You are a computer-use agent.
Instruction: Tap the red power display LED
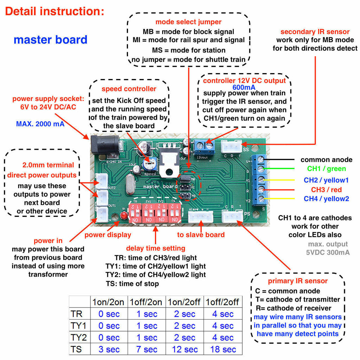(x=124, y=216)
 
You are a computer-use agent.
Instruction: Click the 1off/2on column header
(x=146, y=302)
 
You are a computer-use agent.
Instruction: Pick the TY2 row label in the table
(x=79, y=337)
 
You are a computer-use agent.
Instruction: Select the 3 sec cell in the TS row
(x=109, y=349)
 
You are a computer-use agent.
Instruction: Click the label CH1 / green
(x=326, y=169)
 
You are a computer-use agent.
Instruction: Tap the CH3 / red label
(x=326, y=190)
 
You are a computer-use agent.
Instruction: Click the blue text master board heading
(x=50, y=40)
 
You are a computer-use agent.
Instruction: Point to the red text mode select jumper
(x=188, y=22)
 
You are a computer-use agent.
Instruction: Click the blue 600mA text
(x=244, y=87)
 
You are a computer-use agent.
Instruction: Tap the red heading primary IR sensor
(x=298, y=281)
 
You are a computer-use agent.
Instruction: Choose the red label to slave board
(x=201, y=234)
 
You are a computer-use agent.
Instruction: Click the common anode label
(x=326, y=160)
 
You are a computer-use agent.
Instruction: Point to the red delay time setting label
(x=155, y=248)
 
